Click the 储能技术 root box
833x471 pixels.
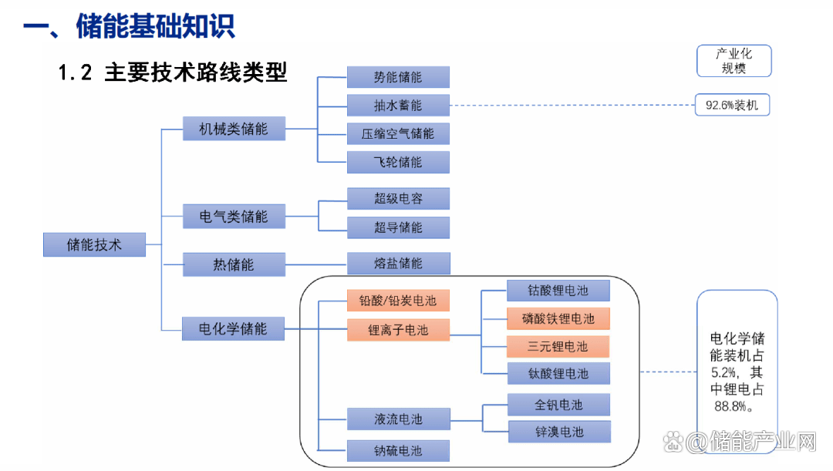pyautogui.click(x=94, y=245)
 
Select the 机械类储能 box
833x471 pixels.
pyautogui.click(x=234, y=129)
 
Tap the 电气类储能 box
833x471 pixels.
pyautogui.click(x=234, y=217)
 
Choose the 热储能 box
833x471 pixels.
pyautogui.click(x=234, y=264)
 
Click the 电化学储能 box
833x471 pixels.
pyautogui.click(x=234, y=329)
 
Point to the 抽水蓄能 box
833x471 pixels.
pyautogui.click(x=398, y=105)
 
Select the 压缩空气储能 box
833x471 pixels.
pyautogui.click(x=398, y=133)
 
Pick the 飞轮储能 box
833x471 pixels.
pyautogui.click(x=398, y=162)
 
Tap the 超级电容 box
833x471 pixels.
pyautogui.click(x=398, y=199)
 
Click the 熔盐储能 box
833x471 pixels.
pyautogui.click(x=398, y=264)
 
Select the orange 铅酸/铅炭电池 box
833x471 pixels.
pyautogui.click(x=398, y=301)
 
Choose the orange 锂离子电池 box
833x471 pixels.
pyautogui.click(x=398, y=330)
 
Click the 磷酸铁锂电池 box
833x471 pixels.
pyautogui.click(x=558, y=318)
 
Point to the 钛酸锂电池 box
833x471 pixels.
pyautogui.click(x=558, y=374)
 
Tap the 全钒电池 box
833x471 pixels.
pyautogui.click(x=558, y=405)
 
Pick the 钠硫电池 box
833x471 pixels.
pyautogui.click(x=398, y=450)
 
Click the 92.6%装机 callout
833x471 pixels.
pyautogui.click(x=732, y=105)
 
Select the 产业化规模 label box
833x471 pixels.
pyautogui.click(x=734, y=61)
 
